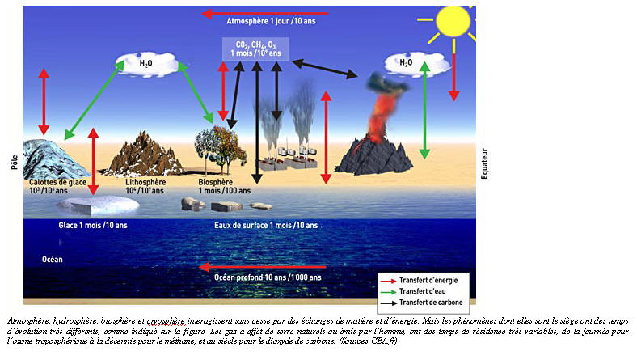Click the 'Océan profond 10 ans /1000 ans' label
(267, 277)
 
